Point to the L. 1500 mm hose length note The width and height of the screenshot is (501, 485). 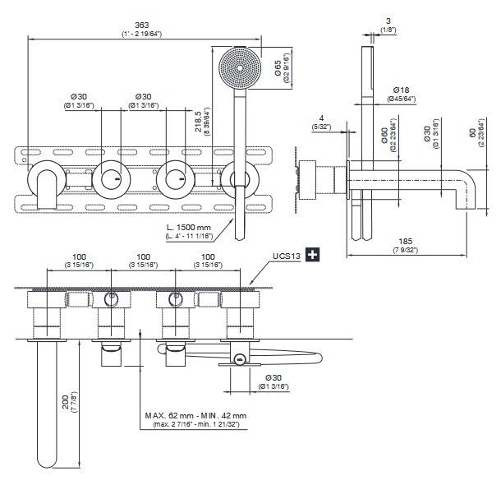pyautogui.click(x=189, y=227)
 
